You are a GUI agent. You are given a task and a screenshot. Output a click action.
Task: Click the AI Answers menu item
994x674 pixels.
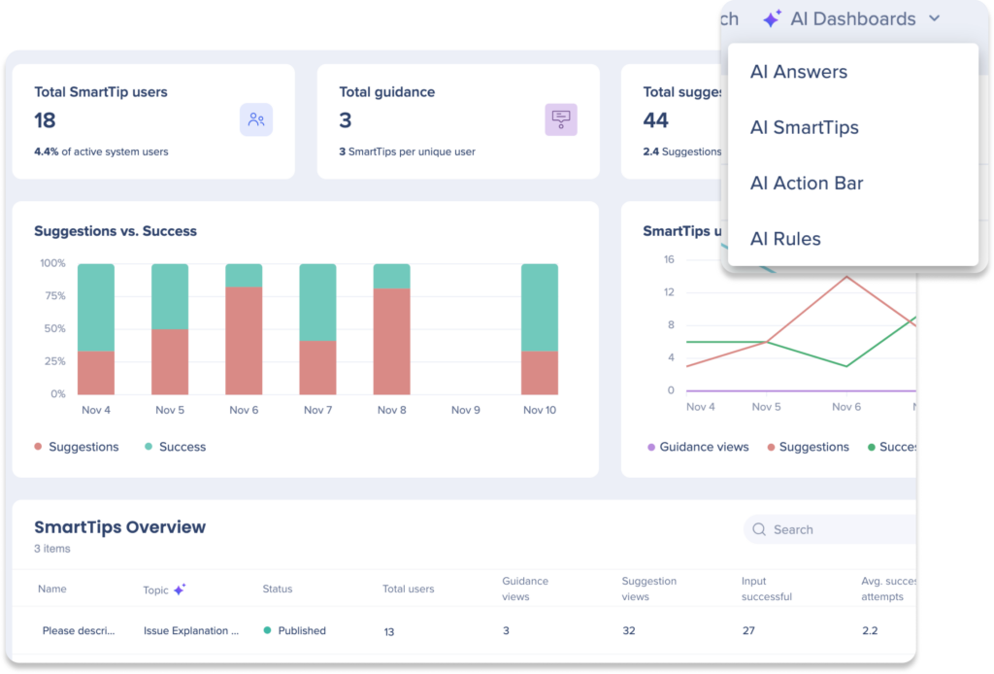point(798,72)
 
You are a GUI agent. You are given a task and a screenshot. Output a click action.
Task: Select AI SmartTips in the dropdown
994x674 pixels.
point(804,127)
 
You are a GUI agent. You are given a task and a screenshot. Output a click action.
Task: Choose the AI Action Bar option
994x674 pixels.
point(806,183)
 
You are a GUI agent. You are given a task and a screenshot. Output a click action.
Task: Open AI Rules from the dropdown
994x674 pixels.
point(784,239)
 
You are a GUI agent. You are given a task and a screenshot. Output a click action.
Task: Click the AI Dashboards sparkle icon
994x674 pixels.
point(772,19)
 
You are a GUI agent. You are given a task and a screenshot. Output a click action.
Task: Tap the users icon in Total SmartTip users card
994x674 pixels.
point(256,119)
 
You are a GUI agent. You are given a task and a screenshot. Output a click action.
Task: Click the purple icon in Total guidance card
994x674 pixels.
point(561,119)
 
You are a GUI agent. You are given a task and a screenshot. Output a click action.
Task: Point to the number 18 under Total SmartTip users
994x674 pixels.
point(45,120)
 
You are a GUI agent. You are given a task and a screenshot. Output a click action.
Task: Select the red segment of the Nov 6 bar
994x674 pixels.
point(244,340)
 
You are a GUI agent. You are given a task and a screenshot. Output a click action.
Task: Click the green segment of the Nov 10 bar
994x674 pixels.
point(540,307)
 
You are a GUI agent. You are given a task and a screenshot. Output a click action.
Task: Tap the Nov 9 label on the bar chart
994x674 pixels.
point(466,410)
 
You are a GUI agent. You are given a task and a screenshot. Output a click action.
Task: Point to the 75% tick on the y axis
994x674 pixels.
point(52,296)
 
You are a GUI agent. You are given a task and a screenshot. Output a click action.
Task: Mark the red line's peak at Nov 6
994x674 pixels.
point(846,277)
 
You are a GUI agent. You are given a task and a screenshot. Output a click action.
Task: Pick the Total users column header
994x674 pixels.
point(408,589)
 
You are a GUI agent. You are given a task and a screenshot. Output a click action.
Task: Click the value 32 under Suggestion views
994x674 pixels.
point(629,630)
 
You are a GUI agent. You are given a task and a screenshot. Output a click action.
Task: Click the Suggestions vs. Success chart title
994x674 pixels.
point(116,231)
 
